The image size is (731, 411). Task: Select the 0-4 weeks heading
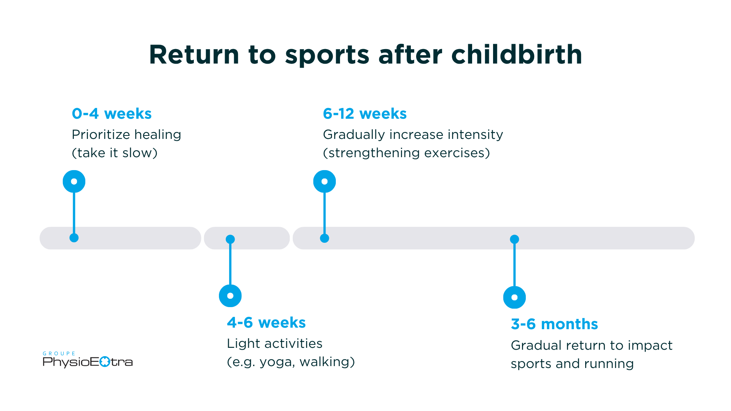point(112,113)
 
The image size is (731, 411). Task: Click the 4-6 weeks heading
point(266,322)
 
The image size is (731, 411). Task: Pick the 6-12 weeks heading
point(364,113)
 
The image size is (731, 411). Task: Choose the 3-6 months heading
point(554,324)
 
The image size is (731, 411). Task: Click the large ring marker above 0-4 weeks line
point(74,181)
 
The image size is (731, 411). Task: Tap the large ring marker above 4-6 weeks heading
point(230,296)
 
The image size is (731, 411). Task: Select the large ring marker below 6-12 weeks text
point(324,181)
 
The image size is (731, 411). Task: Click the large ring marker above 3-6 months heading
point(514,297)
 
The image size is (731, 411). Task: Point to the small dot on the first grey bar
point(74,238)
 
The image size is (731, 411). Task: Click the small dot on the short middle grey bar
point(230,239)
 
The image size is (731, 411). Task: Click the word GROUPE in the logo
point(59,354)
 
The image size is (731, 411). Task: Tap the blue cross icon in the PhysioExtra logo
point(105,362)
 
